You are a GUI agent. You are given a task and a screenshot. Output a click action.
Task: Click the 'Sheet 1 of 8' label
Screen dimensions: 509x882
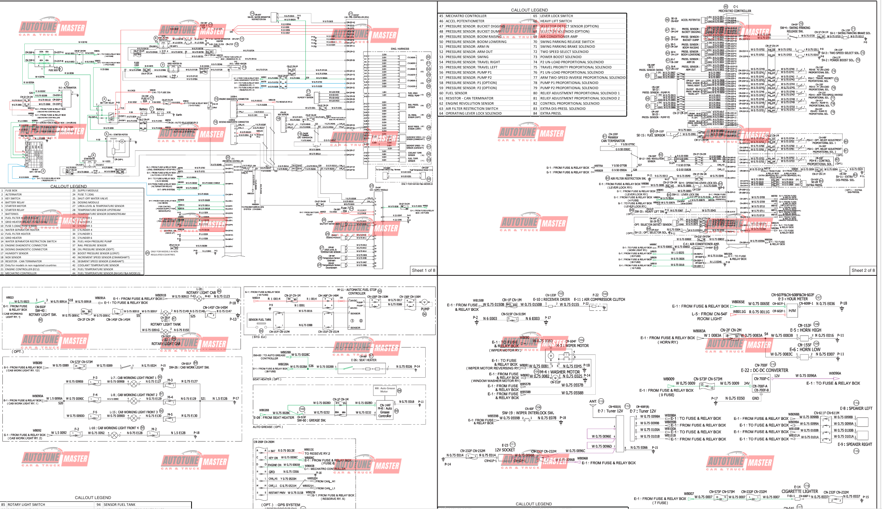pyautogui.click(x=423, y=270)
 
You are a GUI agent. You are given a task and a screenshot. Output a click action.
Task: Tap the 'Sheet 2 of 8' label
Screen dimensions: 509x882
pyautogui.click(x=863, y=270)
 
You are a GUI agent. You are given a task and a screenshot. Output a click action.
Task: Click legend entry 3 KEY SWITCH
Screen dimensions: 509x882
pyautogui.click(x=13, y=198)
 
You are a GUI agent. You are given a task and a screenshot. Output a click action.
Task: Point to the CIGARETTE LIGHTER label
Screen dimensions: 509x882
pyautogui.click(x=800, y=491)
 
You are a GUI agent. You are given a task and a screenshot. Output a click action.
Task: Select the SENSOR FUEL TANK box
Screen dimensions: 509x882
pyautogui.click(x=260, y=320)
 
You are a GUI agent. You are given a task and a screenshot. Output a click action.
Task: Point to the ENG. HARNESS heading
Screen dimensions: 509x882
pyautogui.click(x=400, y=49)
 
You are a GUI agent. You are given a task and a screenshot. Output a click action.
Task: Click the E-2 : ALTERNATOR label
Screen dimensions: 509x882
pyautogui.click(x=67, y=88)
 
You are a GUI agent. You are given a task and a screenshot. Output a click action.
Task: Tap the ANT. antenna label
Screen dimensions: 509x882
pyautogui.click(x=593, y=402)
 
